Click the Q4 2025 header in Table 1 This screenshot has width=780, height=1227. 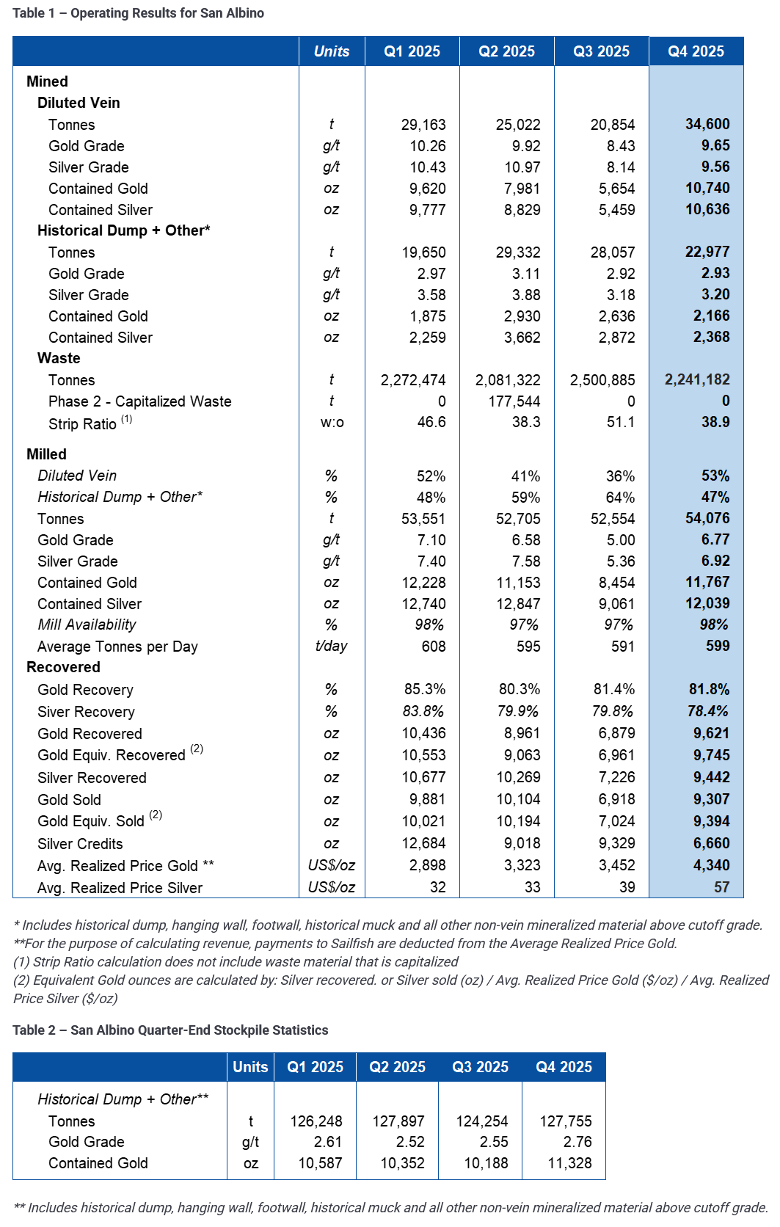pos(696,51)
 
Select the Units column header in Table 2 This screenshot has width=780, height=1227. pos(250,1067)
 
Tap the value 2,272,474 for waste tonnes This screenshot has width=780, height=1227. pos(413,380)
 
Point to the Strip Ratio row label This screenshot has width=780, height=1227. pos(82,424)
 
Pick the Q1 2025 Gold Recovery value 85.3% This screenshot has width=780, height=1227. pos(425,689)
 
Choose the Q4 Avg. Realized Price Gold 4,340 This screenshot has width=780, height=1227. pos(711,865)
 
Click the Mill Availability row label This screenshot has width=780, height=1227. pos(87,625)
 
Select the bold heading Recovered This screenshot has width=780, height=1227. pos(63,667)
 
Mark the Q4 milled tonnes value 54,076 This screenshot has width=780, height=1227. pos(707,518)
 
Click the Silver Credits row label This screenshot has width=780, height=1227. pos(80,844)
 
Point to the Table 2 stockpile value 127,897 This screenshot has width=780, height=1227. pos(398,1121)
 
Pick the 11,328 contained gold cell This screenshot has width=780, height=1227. pos(569,1163)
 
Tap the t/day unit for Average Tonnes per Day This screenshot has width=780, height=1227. pos(331,646)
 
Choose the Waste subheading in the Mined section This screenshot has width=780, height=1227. pos(59,358)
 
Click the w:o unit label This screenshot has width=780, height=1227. pos(332,422)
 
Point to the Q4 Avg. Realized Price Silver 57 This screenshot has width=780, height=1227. pos(721,887)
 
